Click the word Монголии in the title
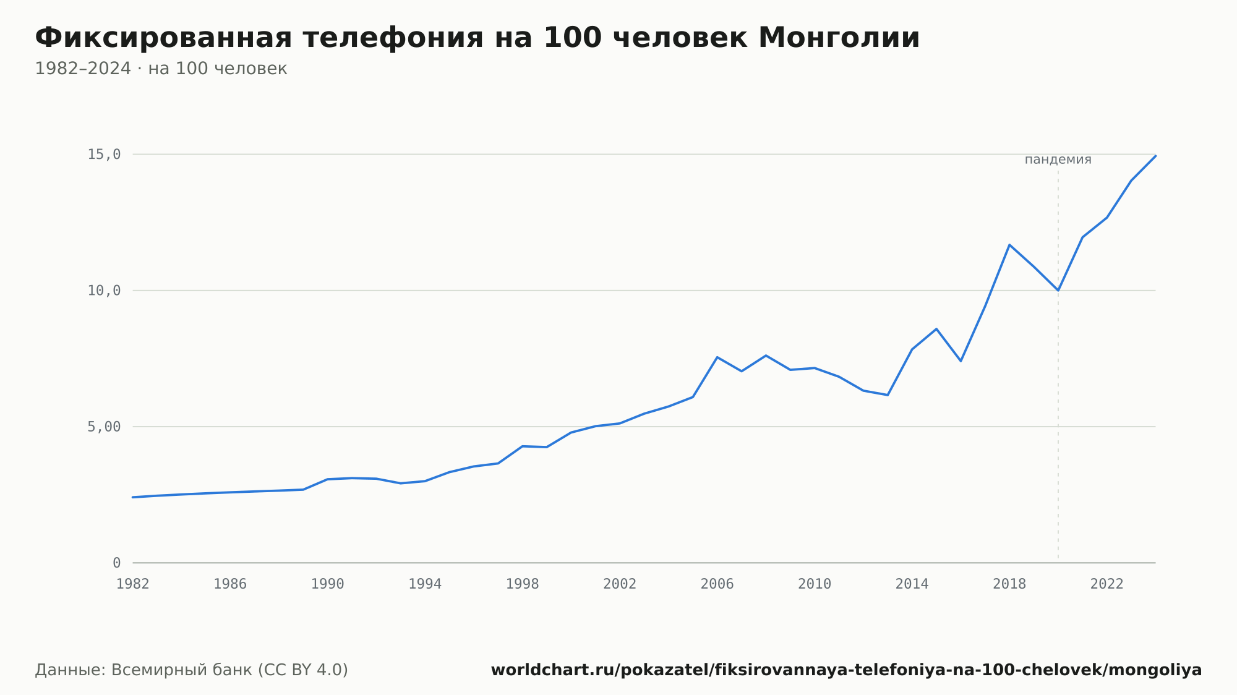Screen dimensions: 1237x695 click(x=839, y=38)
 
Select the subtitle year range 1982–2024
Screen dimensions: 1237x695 click(x=83, y=69)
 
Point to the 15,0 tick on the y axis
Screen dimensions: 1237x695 click(x=104, y=155)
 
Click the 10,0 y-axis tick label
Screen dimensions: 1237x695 click(x=104, y=291)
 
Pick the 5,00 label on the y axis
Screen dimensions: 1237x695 click(x=104, y=427)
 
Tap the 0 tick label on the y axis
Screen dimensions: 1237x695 click(x=116, y=563)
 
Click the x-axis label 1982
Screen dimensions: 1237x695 click(x=133, y=584)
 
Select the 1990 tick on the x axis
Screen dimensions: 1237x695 click(x=328, y=584)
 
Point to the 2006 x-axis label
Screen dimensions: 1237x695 click(x=717, y=584)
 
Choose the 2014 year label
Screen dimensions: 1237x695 click(x=912, y=584)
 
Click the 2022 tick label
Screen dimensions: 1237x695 click(x=1107, y=584)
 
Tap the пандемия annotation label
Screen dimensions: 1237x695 click(x=1058, y=160)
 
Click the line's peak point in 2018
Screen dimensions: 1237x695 click(x=1009, y=245)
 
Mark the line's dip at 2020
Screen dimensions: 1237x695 click(x=1058, y=290)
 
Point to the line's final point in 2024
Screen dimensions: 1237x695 click(x=1155, y=156)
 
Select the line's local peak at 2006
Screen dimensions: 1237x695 click(x=717, y=357)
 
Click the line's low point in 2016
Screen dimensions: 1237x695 click(x=961, y=360)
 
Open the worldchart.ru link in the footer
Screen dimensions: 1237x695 click(x=846, y=670)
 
